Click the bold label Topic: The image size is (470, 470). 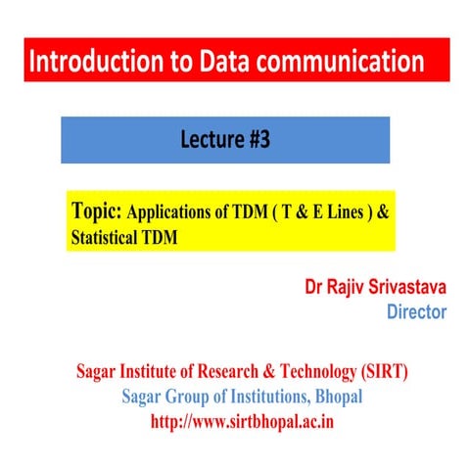click(x=98, y=211)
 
